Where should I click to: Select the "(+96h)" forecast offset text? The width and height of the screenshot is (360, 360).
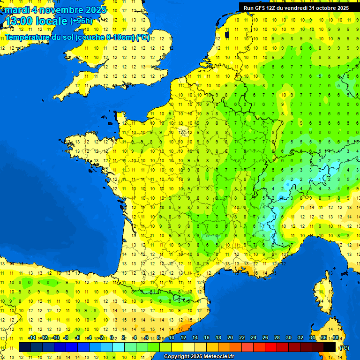(x=81, y=21)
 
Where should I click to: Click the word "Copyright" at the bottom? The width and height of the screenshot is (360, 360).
(x=176, y=357)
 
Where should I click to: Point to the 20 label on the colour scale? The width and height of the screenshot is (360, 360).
(x=230, y=338)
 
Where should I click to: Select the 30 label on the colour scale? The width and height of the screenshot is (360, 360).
(x=289, y=338)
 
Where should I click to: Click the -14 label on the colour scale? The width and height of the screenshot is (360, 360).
(x=32, y=338)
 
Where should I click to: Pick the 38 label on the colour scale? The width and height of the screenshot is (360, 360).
(x=335, y=338)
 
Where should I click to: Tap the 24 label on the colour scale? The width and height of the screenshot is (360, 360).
(x=254, y=338)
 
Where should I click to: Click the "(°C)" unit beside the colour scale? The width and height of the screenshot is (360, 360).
(x=344, y=348)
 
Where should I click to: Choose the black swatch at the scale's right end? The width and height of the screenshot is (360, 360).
(x=330, y=347)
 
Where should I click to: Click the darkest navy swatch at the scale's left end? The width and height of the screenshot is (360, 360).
(x=25, y=347)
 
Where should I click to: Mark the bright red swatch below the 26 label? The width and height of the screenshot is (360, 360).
(x=271, y=347)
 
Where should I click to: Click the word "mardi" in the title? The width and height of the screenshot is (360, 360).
(x=17, y=10)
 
